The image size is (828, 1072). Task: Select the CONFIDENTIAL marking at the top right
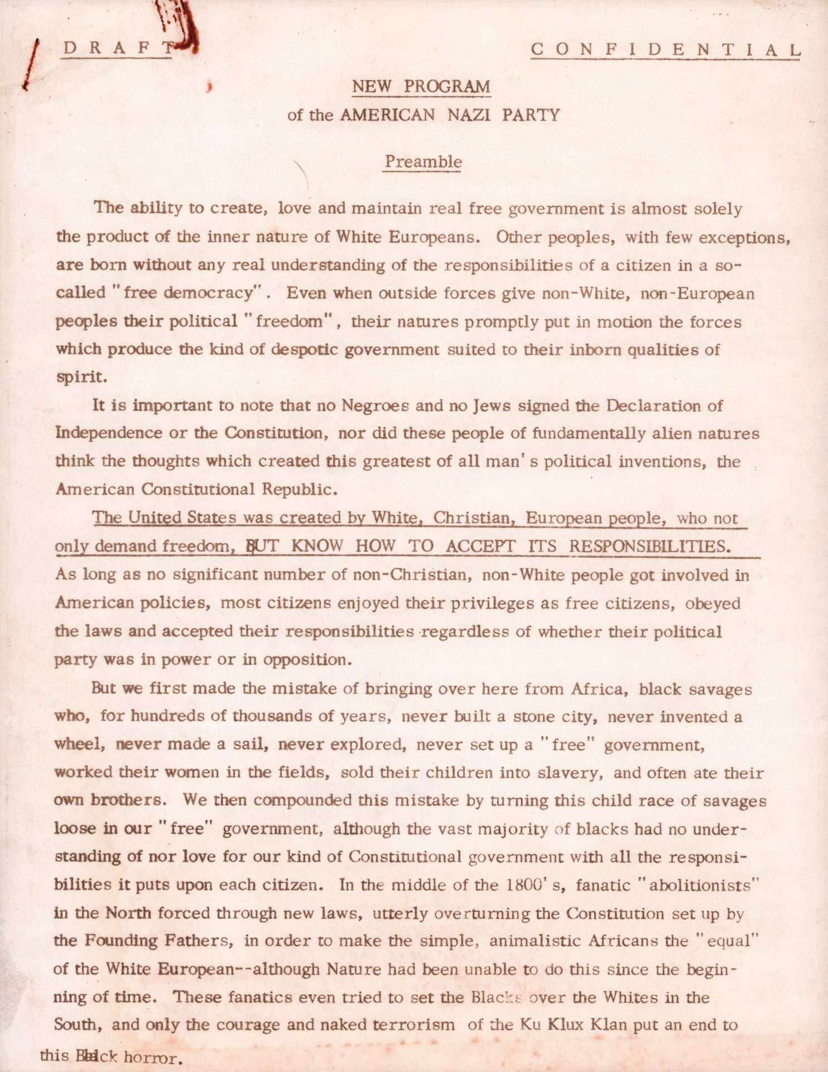pyautogui.click(x=666, y=49)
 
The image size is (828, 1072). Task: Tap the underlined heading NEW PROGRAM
pyautogui.click(x=421, y=87)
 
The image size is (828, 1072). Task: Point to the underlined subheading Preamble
pyautogui.click(x=423, y=162)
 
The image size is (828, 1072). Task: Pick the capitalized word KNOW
pyautogui.click(x=317, y=545)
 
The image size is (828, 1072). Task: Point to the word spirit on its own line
pyautogui.click(x=80, y=377)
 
